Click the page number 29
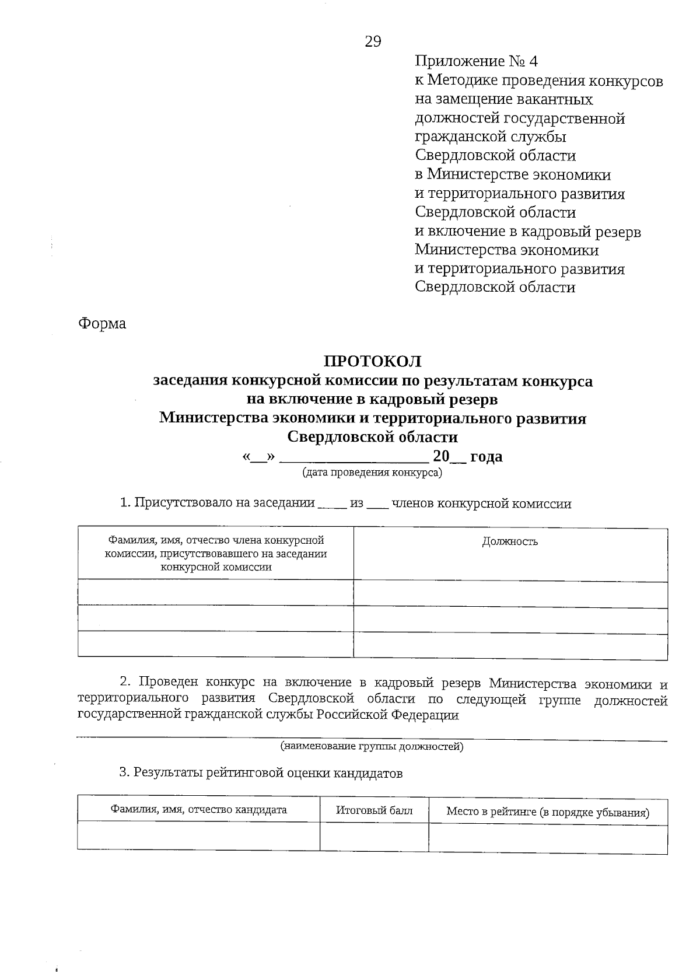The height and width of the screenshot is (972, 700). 373,41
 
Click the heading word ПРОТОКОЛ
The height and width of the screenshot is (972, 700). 373,362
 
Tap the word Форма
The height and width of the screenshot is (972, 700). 102,324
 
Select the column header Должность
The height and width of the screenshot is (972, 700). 510,541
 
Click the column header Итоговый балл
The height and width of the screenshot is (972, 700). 374,810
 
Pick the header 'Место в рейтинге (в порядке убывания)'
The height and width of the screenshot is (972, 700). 548,812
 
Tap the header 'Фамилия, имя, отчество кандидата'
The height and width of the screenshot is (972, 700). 199,810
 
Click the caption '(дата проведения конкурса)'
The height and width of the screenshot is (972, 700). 372,473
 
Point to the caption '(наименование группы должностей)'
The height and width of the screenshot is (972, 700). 372,746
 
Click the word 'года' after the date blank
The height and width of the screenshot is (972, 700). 486,456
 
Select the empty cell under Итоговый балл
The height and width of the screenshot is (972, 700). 374,837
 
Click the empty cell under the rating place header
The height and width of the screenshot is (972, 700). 548,838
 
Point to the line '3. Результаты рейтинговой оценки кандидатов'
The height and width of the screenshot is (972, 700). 261,773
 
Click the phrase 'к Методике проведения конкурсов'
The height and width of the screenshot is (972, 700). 538,81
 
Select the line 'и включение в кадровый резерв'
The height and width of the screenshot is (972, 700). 527,232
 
